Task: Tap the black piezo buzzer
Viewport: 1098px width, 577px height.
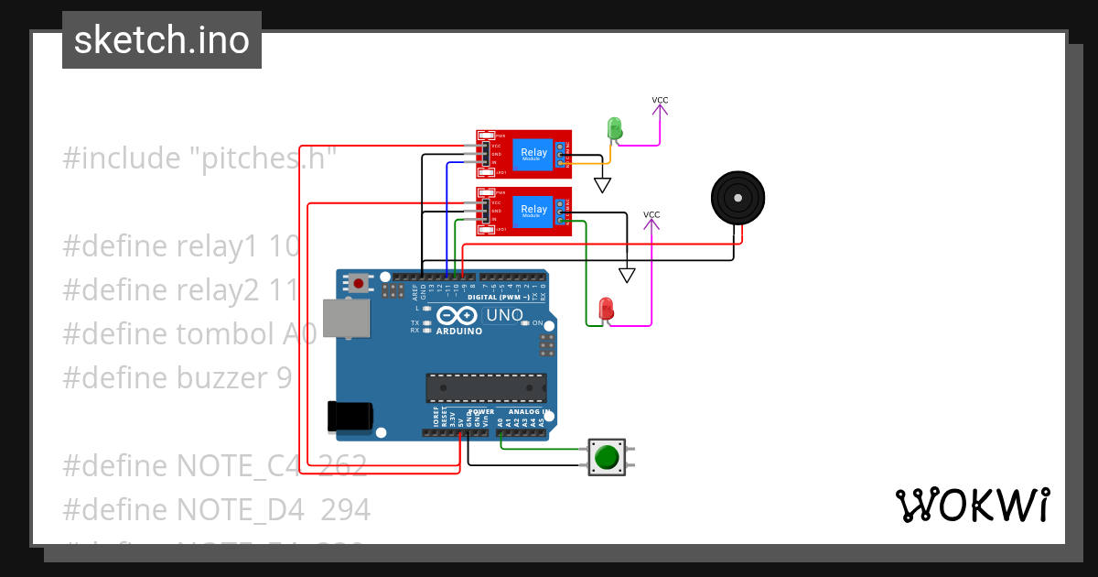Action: click(x=737, y=198)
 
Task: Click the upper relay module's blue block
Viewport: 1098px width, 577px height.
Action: click(x=533, y=153)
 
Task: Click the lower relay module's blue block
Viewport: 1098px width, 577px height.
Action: click(x=533, y=210)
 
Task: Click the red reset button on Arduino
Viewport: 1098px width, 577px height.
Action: click(x=358, y=284)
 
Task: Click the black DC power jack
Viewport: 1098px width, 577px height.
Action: click(x=350, y=417)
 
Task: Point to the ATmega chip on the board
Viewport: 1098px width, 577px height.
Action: click(x=486, y=388)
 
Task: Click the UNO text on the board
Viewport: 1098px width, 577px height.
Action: click(x=504, y=316)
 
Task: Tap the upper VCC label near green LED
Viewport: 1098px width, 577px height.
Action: click(x=660, y=100)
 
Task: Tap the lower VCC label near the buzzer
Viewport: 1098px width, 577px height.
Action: click(x=651, y=215)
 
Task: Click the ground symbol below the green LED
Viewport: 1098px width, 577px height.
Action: click(x=602, y=185)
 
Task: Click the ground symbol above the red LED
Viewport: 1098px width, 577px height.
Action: click(x=627, y=275)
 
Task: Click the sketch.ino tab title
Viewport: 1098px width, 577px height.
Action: click(x=162, y=40)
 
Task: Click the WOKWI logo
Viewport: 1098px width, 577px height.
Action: click(x=972, y=505)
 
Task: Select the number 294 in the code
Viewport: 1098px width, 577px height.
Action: click(x=345, y=509)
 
